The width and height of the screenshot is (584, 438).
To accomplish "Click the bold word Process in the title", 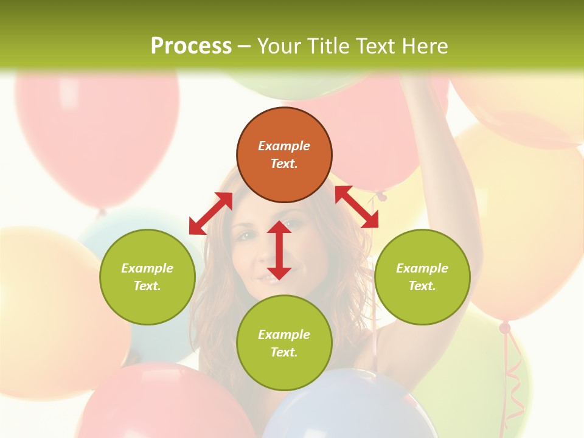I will point(191,46).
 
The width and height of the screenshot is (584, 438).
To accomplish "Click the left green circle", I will point(147,304).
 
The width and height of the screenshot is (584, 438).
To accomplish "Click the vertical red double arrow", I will point(279,250).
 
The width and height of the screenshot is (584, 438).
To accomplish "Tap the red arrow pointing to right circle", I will point(357,207).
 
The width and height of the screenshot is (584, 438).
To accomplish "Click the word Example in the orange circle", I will point(284,146).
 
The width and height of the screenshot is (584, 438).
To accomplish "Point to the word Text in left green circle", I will point(147,286).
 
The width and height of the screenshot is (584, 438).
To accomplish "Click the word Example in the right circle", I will point(422,268).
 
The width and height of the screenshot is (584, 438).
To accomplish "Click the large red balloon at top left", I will point(97,134).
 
